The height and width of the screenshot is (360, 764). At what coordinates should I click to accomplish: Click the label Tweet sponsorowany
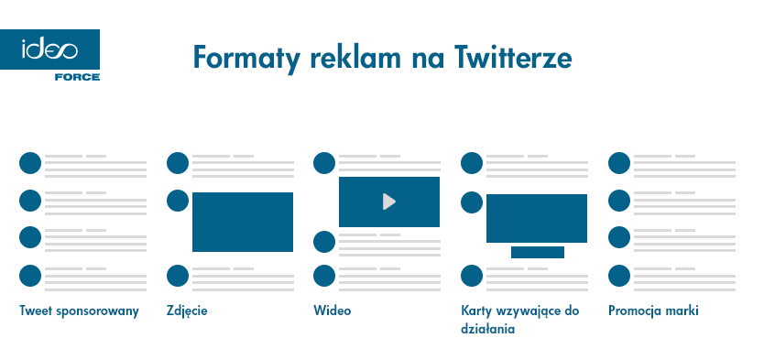(79, 311)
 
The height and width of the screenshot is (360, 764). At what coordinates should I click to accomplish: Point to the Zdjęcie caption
(187, 311)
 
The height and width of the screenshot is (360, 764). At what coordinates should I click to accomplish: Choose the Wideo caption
(332, 311)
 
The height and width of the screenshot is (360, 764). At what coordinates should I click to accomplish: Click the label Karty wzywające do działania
(519, 319)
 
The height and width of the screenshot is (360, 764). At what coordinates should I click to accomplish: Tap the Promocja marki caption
(653, 311)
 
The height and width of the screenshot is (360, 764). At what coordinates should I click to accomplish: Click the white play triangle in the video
(389, 202)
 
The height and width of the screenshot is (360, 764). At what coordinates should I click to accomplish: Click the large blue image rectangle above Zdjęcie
(242, 222)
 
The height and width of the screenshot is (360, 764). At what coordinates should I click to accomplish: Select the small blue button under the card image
(537, 252)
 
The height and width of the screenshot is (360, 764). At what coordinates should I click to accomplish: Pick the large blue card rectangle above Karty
(536, 218)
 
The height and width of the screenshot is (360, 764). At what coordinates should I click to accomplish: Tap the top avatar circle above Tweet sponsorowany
(30, 163)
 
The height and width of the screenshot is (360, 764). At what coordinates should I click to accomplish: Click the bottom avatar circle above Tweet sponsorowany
(30, 275)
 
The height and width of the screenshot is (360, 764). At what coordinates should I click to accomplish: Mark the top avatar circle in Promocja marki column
(620, 163)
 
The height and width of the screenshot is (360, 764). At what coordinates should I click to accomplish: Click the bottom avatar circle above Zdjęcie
(178, 275)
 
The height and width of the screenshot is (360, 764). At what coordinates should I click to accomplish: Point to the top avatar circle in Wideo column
(324, 163)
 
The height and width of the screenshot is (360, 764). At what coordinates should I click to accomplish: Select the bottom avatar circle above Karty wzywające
(472, 275)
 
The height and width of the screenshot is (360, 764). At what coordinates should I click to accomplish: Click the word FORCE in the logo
(77, 77)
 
